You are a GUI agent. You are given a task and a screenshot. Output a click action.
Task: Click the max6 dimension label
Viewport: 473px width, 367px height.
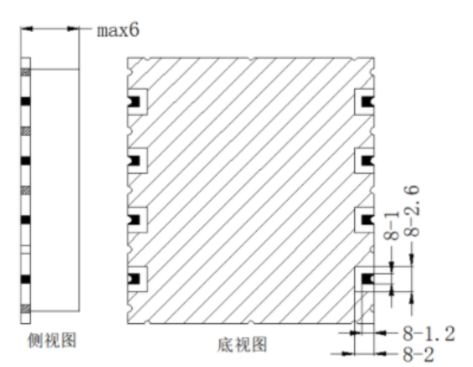pos(118,31)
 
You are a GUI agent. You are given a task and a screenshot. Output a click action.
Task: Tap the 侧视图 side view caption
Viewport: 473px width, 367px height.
pos(52,340)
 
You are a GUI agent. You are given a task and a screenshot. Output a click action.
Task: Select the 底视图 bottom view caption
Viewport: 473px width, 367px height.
pos(242,344)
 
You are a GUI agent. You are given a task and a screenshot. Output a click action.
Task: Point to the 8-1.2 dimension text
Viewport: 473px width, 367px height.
pos(429,334)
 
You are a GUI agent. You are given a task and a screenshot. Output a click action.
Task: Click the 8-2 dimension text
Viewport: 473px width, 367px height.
pos(418,354)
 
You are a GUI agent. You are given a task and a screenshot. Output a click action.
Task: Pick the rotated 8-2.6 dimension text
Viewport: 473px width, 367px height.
pos(412,210)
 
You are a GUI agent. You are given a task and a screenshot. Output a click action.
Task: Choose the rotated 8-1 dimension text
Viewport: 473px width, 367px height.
pos(392,226)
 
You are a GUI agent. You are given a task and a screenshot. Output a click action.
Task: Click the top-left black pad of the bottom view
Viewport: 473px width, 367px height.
pos(134,102)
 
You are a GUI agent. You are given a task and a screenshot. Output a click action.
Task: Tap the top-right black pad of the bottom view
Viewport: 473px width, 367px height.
pos(367,102)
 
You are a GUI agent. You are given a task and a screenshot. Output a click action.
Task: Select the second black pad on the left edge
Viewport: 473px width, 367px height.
pos(134,161)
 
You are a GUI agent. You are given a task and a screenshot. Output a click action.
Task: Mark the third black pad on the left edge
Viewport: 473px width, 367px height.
pos(134,220)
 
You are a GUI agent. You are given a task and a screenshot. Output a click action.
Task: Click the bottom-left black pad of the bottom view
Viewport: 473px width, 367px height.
pos(134,279)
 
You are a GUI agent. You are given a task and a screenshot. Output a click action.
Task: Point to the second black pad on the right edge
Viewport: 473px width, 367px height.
pos(367,161)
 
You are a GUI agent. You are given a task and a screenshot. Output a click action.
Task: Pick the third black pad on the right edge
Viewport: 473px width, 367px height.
pos(367,220)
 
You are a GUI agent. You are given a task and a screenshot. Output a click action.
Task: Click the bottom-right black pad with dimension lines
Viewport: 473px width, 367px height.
pos(367,279)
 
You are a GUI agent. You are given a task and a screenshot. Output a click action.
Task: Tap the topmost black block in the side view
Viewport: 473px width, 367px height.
pos(26,102)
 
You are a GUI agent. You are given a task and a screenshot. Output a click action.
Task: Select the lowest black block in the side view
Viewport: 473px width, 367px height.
pos(26,279)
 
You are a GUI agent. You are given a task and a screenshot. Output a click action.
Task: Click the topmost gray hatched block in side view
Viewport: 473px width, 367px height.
pos(26,72)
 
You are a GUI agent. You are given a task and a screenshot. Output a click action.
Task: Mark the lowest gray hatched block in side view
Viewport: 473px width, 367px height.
pos(26,309)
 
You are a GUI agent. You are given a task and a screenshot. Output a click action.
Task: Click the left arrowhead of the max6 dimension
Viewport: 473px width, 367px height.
pos(27,29)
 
